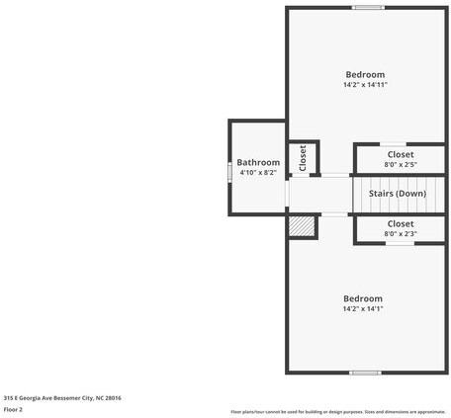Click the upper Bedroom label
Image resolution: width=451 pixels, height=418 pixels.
click(365, 74)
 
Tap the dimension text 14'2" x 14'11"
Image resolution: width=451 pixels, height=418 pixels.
click(365, 85)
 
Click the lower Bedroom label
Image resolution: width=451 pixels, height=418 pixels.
click(363, 298)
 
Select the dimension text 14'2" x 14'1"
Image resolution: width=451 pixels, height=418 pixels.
click(363, 309)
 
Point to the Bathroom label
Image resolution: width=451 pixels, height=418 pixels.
click(258, 162)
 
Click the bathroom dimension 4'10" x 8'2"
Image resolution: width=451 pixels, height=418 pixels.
click(258, 173)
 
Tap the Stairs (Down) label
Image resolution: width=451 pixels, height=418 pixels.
click(398, 194)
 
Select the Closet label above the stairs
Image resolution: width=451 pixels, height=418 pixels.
click(401, 154)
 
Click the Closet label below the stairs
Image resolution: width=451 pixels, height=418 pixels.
click(401, 223)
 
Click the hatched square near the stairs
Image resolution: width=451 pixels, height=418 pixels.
click(302, 226)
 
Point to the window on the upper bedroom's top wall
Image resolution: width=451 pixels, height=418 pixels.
click(368, 8)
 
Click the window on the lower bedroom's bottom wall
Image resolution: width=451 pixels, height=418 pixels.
click(365, 373)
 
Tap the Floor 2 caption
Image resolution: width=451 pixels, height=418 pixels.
click(13, 409)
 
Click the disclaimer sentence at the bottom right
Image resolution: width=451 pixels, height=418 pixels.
click(337, 411)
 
